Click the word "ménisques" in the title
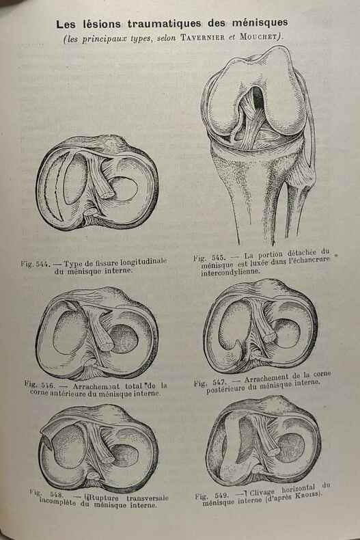click(x=260, y=23)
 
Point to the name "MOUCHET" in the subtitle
click(x=258, y=36)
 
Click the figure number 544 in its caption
click(x=43, y=265)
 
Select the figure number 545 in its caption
click(x=218, y=257)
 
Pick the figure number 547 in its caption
click(x=219, y=382)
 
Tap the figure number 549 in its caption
click(x=221, y=496)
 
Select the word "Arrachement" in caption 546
click(x=96, y=386)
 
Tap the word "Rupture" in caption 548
click(x=105, y=498)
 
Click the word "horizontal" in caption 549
click(x=298, y=488)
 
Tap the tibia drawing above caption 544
click(x=97, y=183)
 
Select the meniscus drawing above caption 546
click(x=97, y=334)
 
